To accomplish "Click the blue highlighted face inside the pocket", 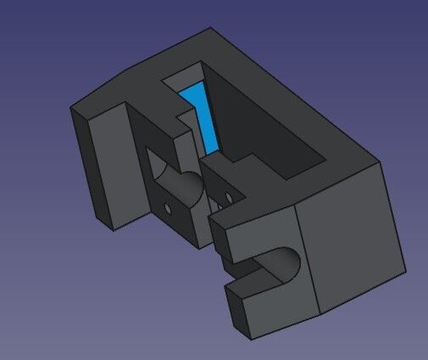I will point(203,119).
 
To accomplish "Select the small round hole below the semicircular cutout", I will point(168,207).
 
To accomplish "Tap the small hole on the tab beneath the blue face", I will point(227,197).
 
